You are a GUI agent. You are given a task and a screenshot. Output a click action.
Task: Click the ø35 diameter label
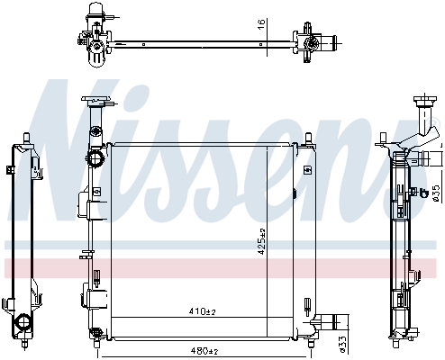coord(436,192)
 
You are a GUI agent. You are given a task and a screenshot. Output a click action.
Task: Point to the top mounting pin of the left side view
coord(23,138)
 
